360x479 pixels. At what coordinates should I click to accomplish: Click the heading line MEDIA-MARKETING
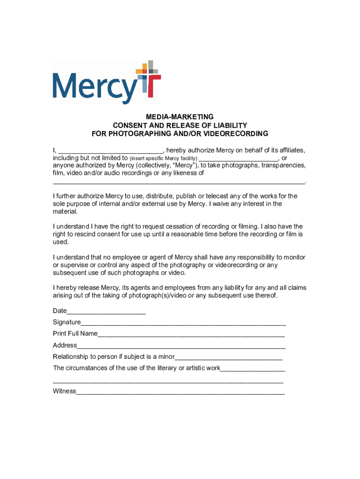(x=180, y=116)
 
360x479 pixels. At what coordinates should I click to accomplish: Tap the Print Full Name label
(x=75, y=334)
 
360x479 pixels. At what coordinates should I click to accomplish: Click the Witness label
(x=65, y=391)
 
